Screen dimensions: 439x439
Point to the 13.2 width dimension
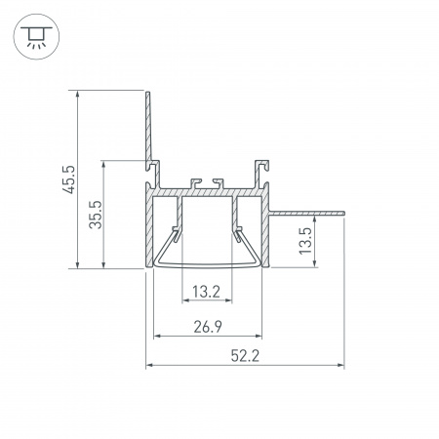point(205,291)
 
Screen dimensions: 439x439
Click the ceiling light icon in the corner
point(35,34)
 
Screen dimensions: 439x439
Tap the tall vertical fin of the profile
point(148,127)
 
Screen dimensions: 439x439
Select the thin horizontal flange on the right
point(307,211)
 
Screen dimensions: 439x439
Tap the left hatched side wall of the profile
point(149,229)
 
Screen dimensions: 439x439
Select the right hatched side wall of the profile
point(265,229)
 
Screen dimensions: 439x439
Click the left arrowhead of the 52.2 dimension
point(150,367)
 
